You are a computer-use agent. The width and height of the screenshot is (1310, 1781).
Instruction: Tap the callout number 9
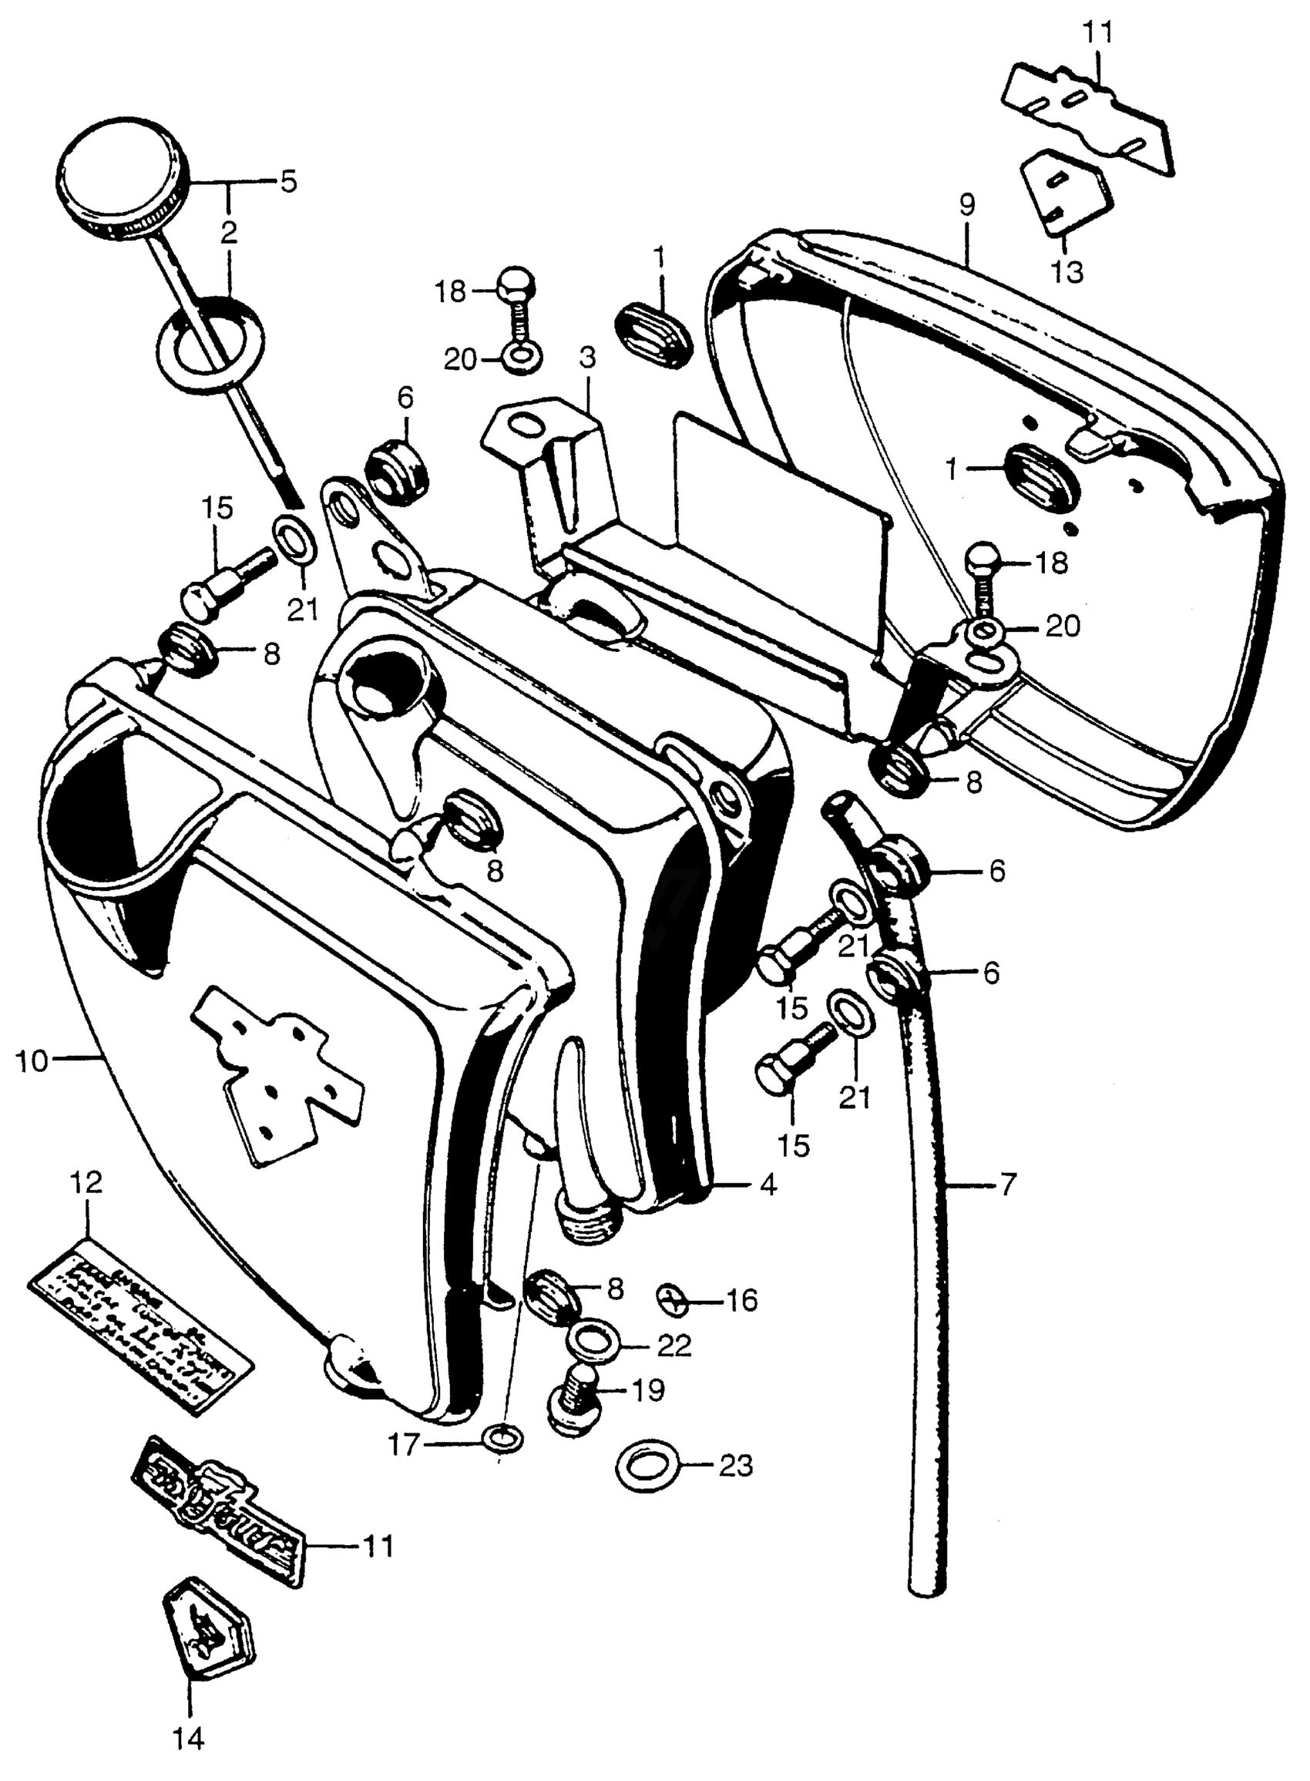click(x=966, y=205)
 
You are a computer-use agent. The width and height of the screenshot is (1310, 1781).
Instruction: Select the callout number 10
click(x=32, y=1060)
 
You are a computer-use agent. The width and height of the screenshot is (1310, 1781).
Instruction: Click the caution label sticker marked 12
click(x=141, y=1336)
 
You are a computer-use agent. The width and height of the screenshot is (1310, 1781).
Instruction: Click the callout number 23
click(x=735, y=1467)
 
